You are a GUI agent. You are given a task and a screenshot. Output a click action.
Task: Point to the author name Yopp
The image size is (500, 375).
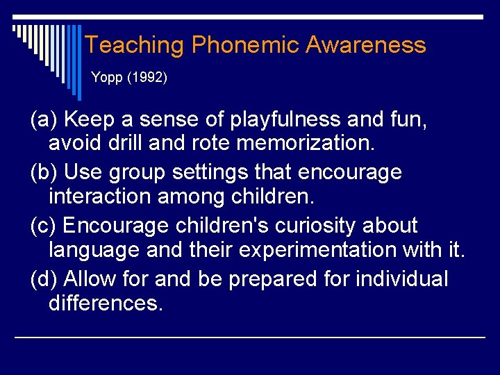coord(105,78)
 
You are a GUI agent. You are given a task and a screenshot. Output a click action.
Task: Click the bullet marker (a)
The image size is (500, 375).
coord(44,120)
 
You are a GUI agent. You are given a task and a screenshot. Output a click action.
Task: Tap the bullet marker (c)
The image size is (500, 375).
coord(44,226)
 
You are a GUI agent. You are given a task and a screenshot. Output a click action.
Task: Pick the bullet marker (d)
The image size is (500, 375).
coord(44,278)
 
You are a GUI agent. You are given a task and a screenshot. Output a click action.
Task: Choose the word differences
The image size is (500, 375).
coord(106,303)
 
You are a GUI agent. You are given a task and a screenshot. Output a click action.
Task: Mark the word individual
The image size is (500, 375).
coord(402,278)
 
